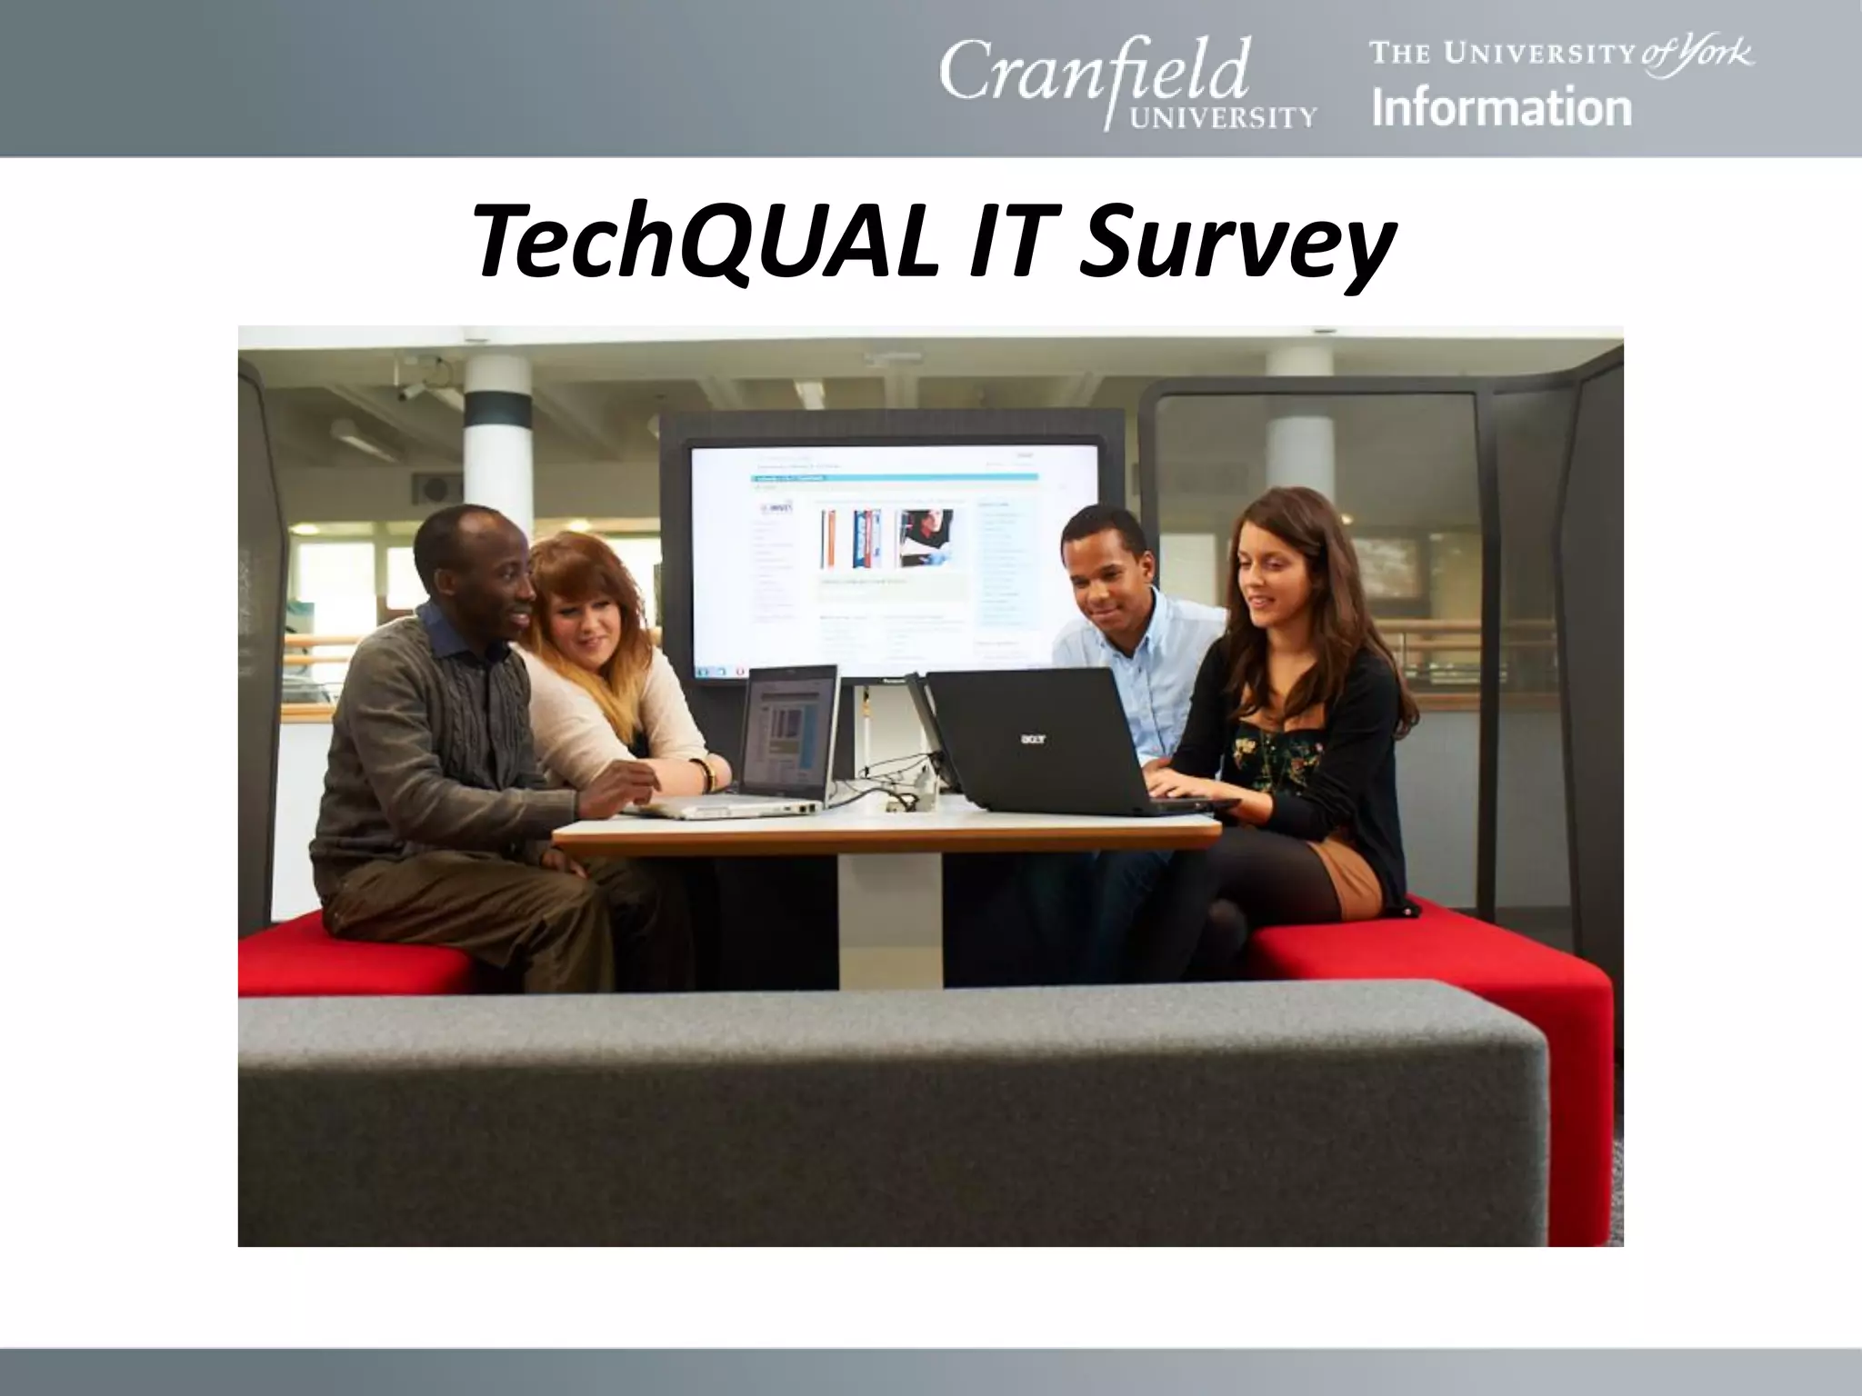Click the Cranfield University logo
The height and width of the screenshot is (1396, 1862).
point(1127,82)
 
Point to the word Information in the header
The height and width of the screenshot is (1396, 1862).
point(1502,107)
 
